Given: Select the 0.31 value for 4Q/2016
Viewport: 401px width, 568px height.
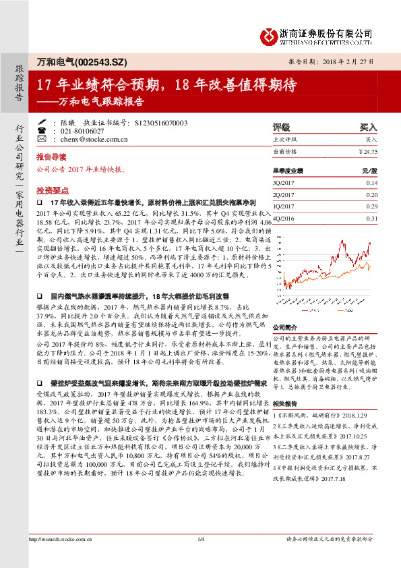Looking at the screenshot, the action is coord(372,219).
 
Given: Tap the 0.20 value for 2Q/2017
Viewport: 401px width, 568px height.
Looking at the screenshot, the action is coord(372,194).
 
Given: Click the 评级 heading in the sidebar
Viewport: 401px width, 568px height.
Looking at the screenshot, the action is coord(281,127).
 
